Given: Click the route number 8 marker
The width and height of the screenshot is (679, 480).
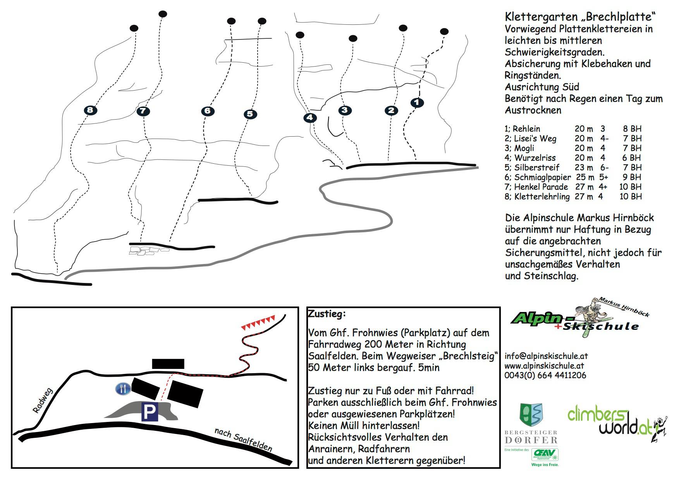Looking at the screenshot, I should pos(90,110).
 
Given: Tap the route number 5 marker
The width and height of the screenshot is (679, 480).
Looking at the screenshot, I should pos(250,114).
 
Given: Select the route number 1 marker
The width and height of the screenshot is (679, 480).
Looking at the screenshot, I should pos(417,103).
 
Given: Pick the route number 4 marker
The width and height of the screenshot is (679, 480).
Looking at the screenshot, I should pos(310,118).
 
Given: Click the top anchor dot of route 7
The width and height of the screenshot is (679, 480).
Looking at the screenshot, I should pos(163,14).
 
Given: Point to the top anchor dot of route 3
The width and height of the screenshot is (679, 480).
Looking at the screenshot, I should pos(353,38).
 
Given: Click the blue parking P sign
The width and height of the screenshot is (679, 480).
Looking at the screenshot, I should pos(149,412).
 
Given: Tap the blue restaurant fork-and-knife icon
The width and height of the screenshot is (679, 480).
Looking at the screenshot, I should pos(123,389).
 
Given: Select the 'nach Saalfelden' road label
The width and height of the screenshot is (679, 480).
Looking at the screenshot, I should pos(243,440).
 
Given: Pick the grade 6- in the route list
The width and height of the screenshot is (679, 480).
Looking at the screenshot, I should pos(604,168).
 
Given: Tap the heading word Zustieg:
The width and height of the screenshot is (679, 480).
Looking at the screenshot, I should pos(327,314).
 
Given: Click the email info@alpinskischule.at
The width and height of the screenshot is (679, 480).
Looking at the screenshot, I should pos(546,356).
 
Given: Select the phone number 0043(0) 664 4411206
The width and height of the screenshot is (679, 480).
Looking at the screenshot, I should pos(545,375).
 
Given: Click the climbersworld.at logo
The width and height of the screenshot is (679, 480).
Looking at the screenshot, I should pos(616,423).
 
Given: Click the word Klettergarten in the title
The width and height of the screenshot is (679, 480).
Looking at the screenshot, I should pos(541,17).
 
